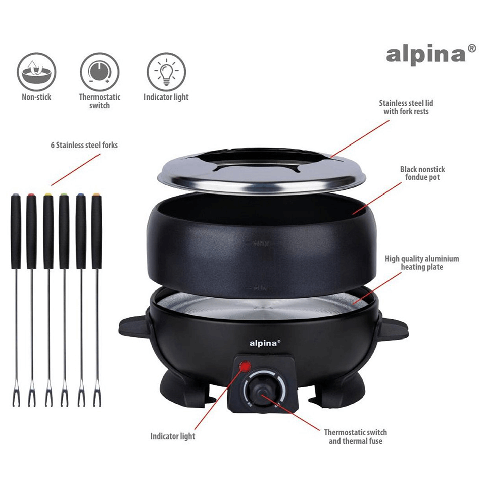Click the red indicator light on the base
point(246,367)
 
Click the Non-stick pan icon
point(36,72)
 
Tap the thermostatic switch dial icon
point(100,72)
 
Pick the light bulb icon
point(166,72)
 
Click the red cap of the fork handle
point(31,195)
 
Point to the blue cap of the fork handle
point(81,195)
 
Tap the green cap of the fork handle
point(64,195)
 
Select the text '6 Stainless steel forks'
point(84,145)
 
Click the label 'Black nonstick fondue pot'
point(422,173)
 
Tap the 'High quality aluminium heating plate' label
point(422,263)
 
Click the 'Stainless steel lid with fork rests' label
point(406,107)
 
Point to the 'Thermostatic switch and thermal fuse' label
point(355,437)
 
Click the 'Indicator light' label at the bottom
point(173,436)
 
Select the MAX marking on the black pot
point(261,244)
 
